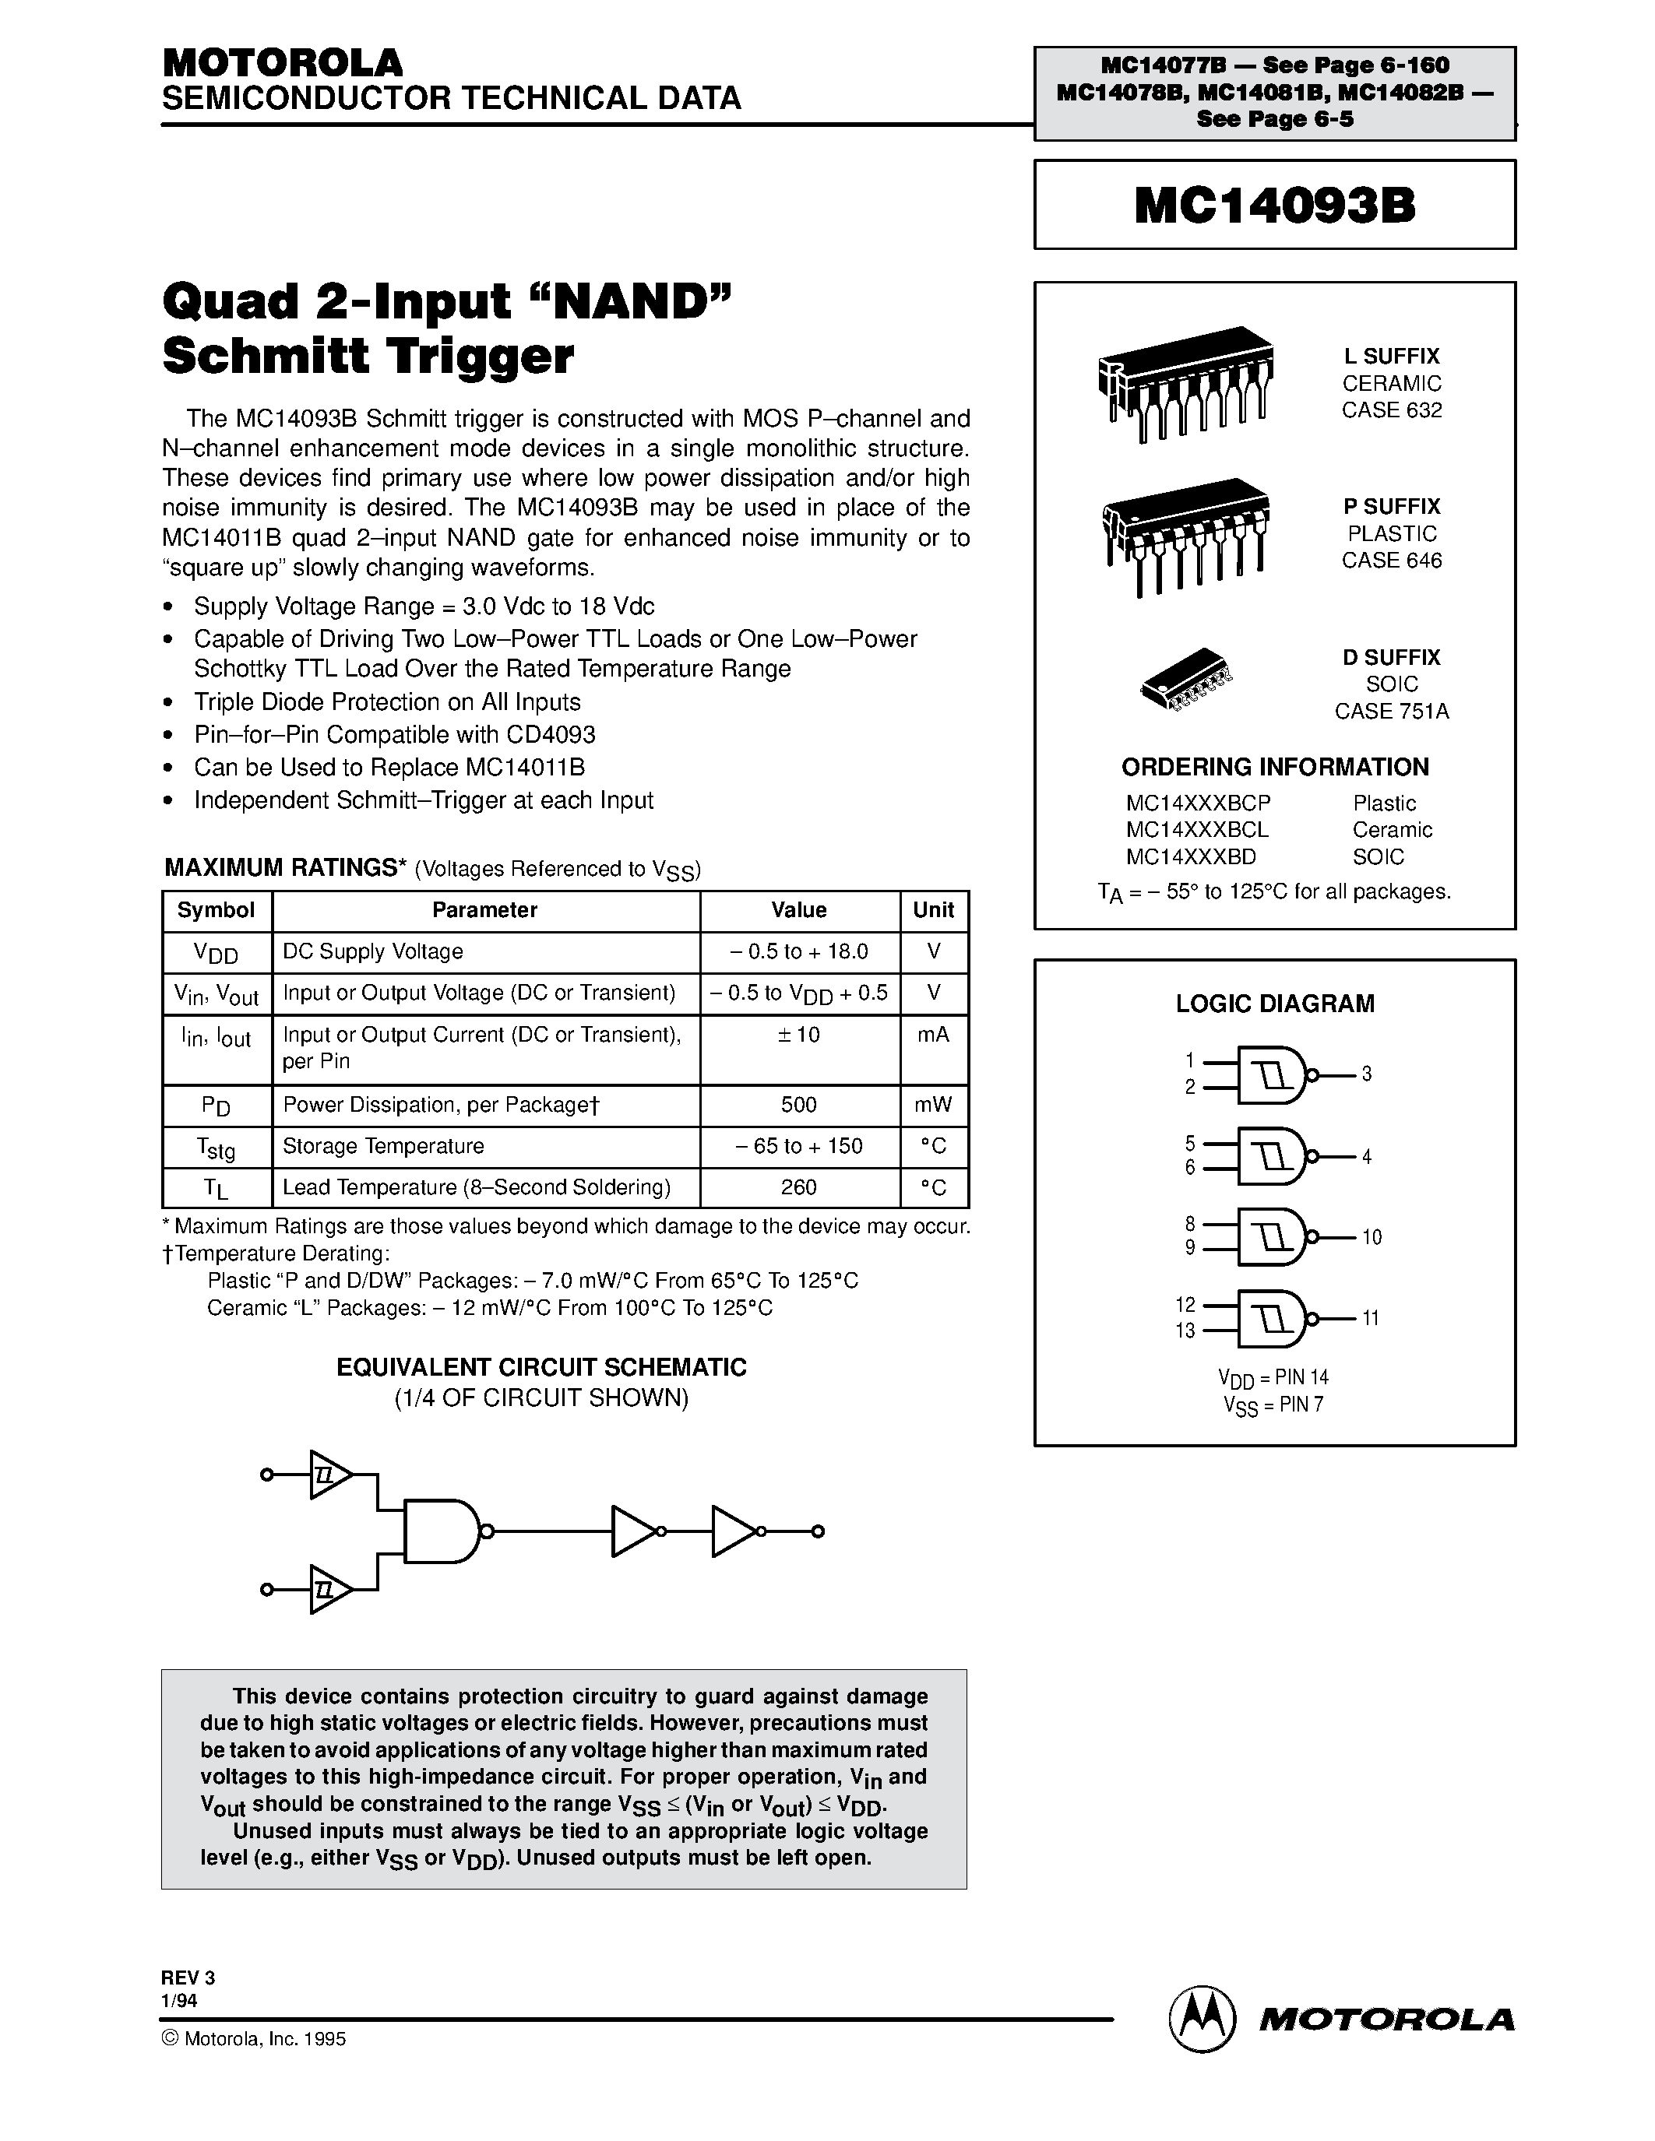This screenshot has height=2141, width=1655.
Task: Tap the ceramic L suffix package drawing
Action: pyautogui.click(x=1185, y=382)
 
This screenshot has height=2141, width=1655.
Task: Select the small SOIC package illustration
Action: pyautogui.click(x=1185, y=677)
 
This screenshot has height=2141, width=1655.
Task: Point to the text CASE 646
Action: pyautogui.click(x=1391, y=561)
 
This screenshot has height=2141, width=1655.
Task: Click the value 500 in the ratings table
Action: pyautogui.click(x=798, y=1105)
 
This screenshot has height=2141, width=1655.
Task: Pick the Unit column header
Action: pyautogui.click(x=932, y=909)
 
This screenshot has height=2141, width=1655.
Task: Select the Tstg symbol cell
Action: pyautogui.click(x=216, y=1147)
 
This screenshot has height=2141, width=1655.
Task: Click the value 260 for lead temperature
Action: pyautogui.click(x=798, y=1187)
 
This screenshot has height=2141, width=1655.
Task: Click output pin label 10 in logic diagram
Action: pyautogui.click(x=1371, y=1237)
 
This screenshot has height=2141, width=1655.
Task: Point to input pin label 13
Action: pyautogui.click(x=1185, y=1331)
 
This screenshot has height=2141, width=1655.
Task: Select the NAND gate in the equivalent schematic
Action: pyautogui.click(x=441, y=1531)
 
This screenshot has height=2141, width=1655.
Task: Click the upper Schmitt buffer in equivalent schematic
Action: pyautogui.click(x=329, y=1475)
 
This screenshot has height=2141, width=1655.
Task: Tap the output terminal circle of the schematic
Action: pyautogui.click(x=818, y=1531)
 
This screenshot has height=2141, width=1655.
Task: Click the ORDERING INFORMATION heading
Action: pyautogui.click(x=1275, y=767)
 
